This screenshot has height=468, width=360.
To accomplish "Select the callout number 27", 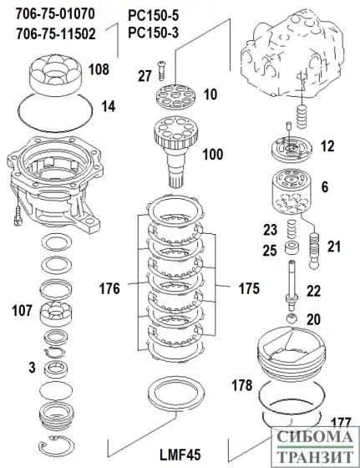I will pos(145,75).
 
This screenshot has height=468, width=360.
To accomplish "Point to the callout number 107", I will pos(20,311).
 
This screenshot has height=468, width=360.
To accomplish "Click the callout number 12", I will pos(327,145).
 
